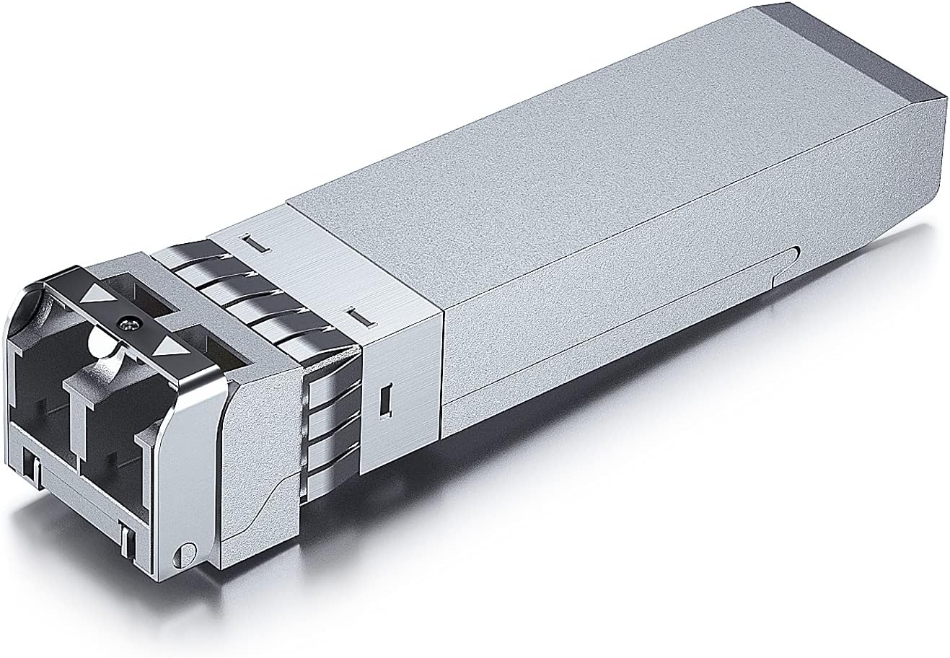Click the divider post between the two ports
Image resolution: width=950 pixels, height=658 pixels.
coord(78,426)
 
